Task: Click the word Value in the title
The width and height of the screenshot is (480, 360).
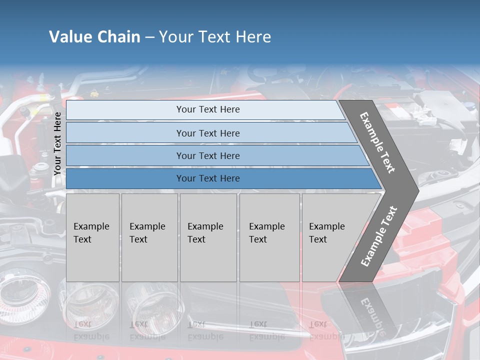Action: point(70,36)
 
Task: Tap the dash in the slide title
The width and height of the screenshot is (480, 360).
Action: point(149,37)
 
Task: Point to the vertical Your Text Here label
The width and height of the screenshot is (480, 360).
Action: point(57,143)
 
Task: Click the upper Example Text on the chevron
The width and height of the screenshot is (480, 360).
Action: point(377,142)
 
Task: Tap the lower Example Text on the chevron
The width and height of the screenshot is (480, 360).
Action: point(379,236)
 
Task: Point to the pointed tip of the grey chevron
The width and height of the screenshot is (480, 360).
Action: point(417,190)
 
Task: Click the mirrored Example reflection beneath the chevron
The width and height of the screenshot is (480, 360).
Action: point(370,315)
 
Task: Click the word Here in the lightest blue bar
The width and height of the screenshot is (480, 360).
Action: point(230,109)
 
